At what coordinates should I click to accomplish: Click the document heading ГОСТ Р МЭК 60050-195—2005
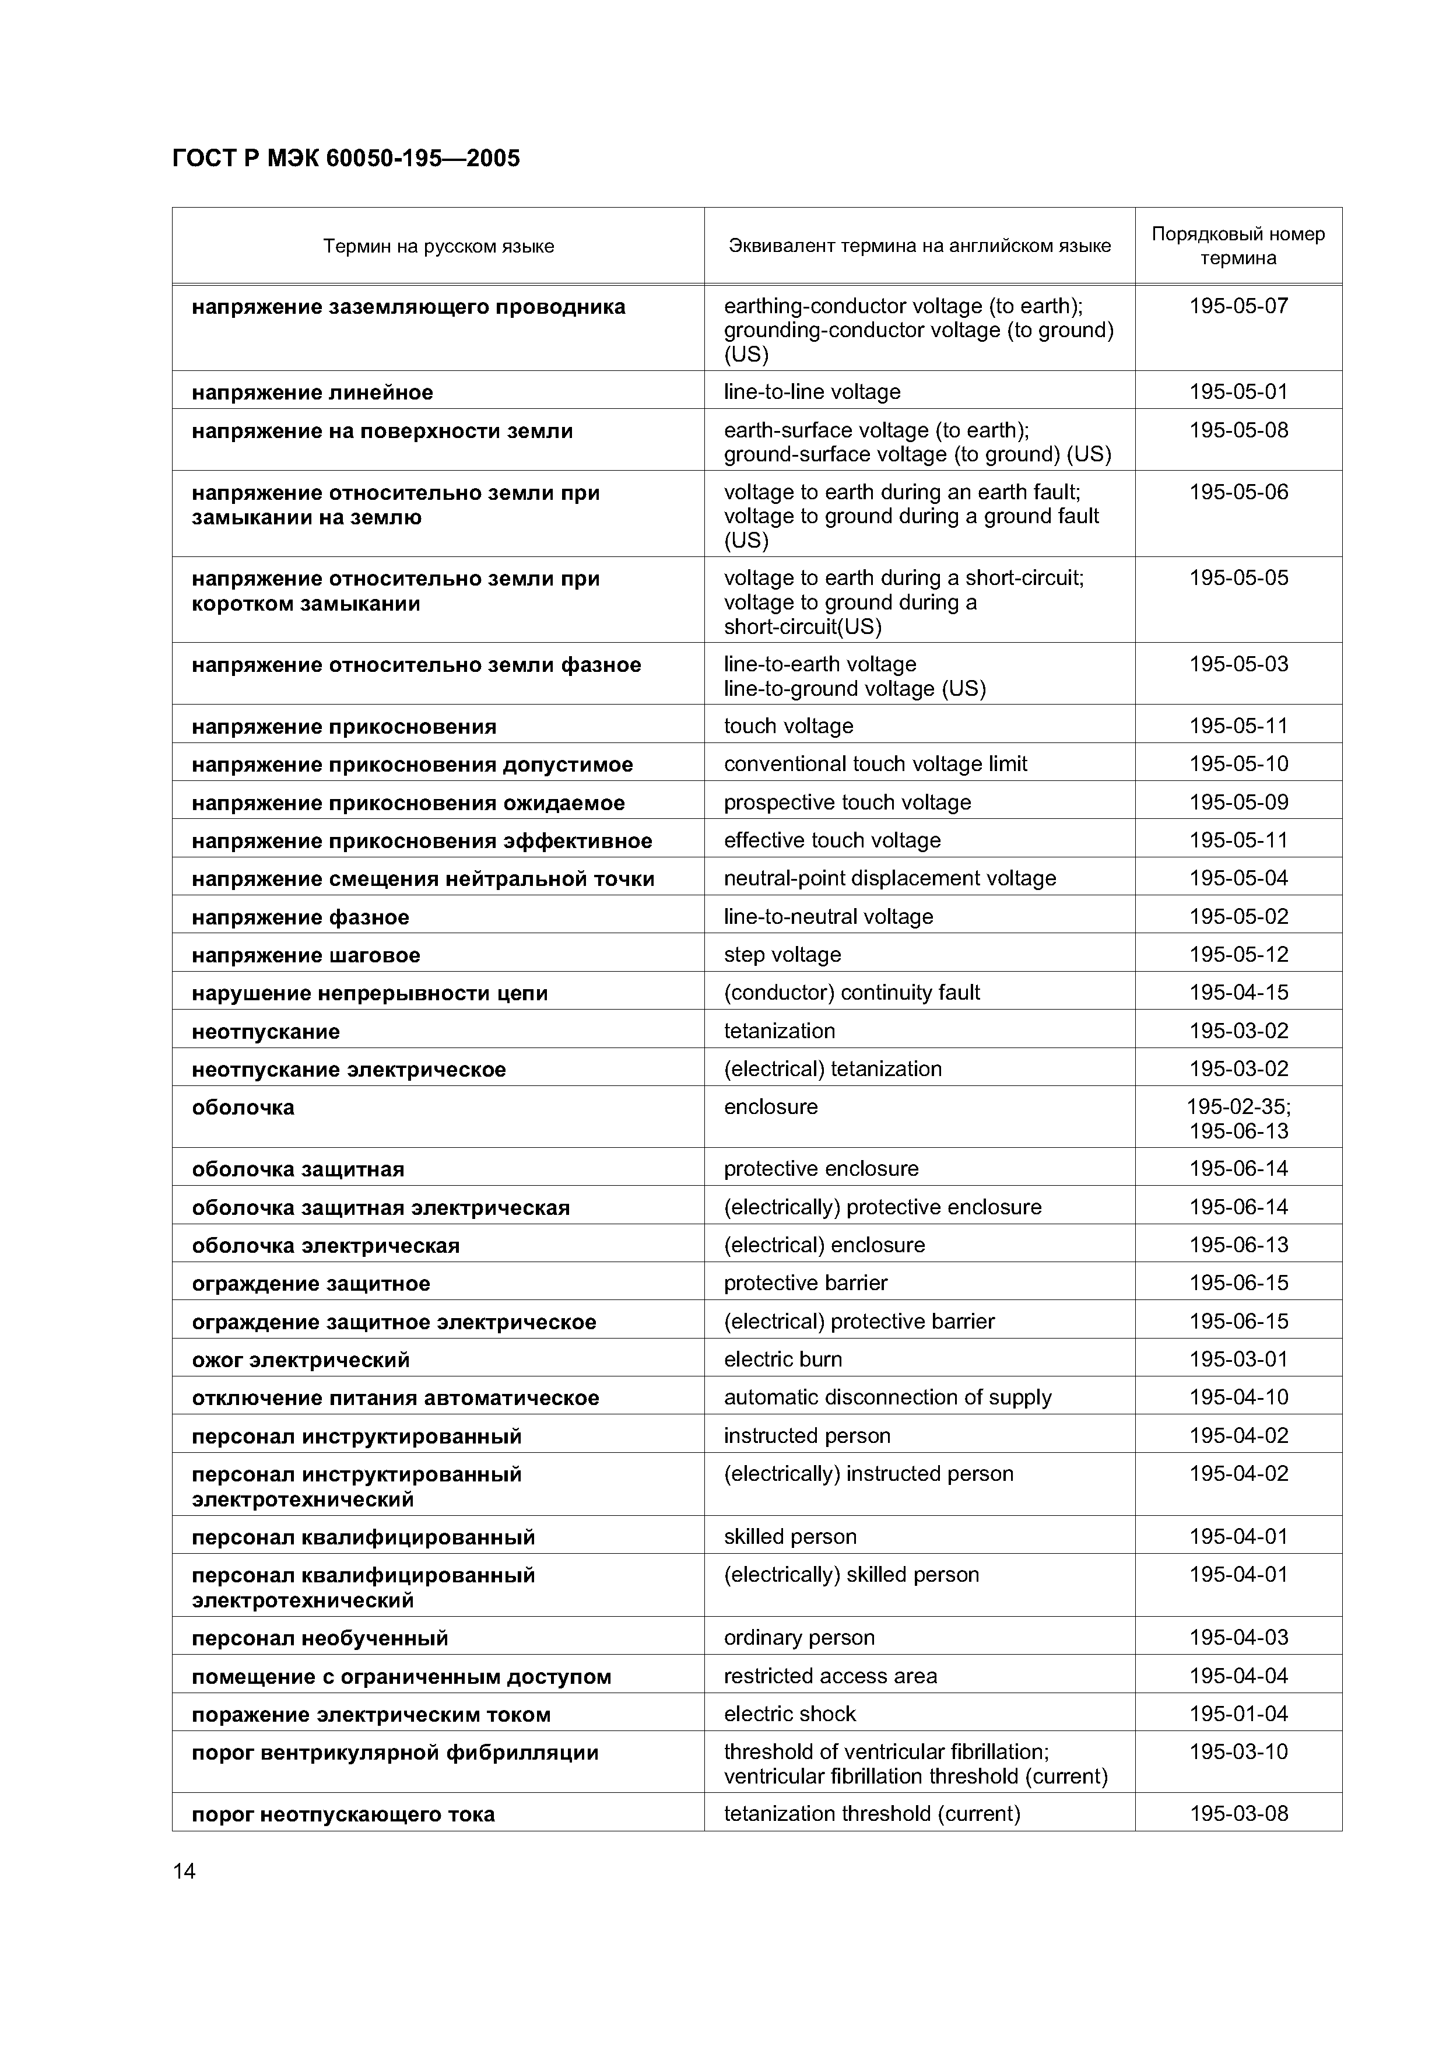pyautogui.click(x=346, y=159)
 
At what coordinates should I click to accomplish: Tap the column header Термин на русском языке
pyautogui.click(x=438, y=246)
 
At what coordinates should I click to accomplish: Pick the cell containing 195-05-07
pyautogui.click(x=1238, y=307)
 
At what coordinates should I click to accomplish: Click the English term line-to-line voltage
pyautogui.click(x=812, y=392)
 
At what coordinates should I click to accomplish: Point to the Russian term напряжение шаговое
pyautogui.click(x=306, y=955)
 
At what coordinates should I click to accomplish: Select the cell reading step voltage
pyautogui.click(x=782, y=955)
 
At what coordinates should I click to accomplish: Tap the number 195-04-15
pyautogui.click(x=1238, y=993)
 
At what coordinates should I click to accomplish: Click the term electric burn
pyautogui.click(x=782, y=1359)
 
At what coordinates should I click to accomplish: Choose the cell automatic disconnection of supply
pyautogui.click(x=887, y=1397)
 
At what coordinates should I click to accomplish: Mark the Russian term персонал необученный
pyautogui.click(x=320, y=1638)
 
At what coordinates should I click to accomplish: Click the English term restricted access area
pyautogui.click(x=830, y=1676)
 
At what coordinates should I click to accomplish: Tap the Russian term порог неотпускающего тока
pyautogui.click(x=343, y=1814)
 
